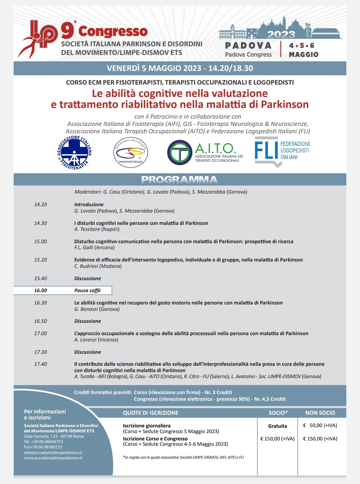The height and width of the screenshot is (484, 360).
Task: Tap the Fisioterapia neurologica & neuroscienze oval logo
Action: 130,153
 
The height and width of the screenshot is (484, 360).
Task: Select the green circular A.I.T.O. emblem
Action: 180,153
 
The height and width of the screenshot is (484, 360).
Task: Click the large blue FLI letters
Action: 266,150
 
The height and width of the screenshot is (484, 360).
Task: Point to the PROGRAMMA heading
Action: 179,180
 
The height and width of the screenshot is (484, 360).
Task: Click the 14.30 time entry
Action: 40,223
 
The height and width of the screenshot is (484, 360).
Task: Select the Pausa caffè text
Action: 87,290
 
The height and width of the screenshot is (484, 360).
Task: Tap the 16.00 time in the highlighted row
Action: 40,290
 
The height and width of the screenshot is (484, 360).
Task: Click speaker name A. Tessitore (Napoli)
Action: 97,229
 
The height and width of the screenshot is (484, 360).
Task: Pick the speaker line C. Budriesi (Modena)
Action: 98,266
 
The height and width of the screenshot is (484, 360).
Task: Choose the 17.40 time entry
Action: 40,364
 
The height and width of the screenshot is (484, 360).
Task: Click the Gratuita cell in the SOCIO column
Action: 277,426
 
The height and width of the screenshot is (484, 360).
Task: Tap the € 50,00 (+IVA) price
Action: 320,425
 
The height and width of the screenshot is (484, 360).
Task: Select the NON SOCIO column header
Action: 320,413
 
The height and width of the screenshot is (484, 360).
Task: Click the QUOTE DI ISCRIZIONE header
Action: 150,413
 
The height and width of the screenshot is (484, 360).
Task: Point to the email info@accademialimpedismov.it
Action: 53,453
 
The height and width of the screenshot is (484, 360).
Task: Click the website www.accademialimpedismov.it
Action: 53,458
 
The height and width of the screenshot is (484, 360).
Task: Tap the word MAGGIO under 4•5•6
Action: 303,55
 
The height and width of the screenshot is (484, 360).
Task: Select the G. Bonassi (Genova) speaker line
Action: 97,309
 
